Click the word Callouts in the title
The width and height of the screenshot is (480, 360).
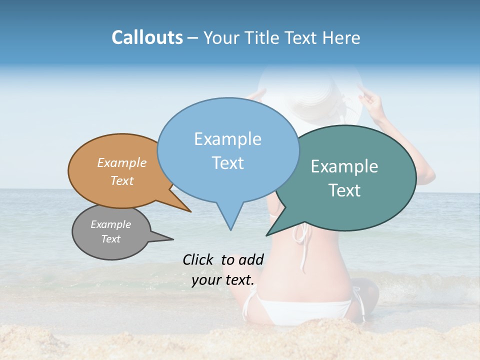coord(147,37)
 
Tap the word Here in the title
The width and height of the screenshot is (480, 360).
coord(340,38)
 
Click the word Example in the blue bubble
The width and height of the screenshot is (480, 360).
coord(227,139)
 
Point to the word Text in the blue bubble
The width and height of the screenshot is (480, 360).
coord(227,163)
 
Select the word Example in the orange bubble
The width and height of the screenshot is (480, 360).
coord(122,162)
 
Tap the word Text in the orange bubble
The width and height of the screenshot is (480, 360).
coord(122,180)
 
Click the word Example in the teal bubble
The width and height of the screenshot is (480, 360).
coord(344,166)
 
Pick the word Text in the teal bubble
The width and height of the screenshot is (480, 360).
coord(344,190)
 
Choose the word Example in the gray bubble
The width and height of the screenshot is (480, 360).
coord(111,224)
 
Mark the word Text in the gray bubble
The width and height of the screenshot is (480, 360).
coord(111,239)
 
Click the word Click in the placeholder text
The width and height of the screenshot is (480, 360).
coord(198,259)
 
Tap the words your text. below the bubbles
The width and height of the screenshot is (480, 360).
coord(223,280)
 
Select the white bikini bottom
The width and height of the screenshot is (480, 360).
coord(300,307)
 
